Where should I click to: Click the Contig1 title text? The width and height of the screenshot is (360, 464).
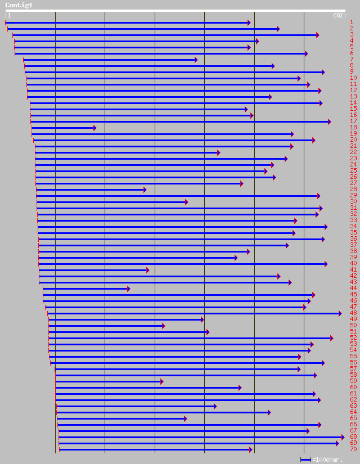[19, 5]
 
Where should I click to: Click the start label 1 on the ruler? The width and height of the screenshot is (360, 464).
[8, 16]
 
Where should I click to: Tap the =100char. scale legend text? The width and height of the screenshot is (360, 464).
[327, 460]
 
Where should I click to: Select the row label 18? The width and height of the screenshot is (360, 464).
[353, 128]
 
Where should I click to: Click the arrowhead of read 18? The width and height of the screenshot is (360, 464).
[94, 128]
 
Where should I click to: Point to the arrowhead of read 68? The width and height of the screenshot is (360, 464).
[343, 437]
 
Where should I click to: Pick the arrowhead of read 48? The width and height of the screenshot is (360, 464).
[340, 313]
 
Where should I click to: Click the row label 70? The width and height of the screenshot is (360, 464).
[353, 449]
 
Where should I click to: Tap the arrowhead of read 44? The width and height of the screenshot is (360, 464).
[128, 289]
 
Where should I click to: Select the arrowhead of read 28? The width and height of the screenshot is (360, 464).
[145, 190]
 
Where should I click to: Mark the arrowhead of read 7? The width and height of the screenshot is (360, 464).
[196, 60]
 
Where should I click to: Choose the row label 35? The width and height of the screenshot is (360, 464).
[353, 233]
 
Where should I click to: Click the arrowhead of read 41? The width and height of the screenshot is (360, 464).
[147, 270]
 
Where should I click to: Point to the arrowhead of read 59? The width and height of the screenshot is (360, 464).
[162, 381]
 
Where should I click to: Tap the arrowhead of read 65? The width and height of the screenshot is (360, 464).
[186, 418]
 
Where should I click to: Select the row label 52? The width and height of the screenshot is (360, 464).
[353, 338]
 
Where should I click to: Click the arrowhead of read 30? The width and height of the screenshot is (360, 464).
[187, 202]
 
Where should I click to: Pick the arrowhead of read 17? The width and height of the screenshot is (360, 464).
[330, 121]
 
